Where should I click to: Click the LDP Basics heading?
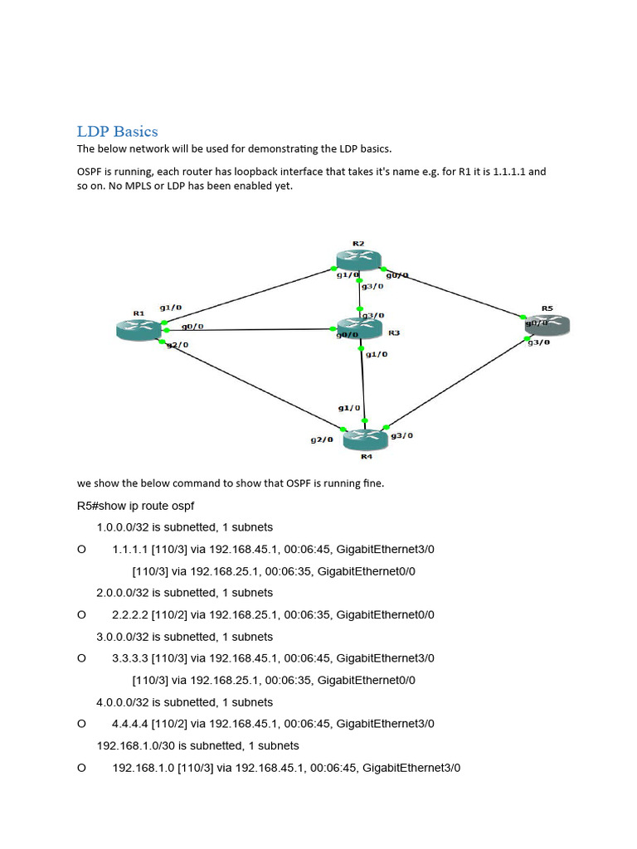(117, 131)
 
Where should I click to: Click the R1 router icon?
(139, 329)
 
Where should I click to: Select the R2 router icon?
(358, 259)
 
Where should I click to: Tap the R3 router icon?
(359, 327)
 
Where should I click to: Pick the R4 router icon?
(365, 439)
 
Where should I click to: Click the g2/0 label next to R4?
(322, 439)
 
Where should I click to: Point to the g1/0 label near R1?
(171, 306)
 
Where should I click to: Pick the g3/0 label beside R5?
(538, 342)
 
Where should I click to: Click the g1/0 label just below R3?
(377, 354)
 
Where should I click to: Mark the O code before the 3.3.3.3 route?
(81, 658)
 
